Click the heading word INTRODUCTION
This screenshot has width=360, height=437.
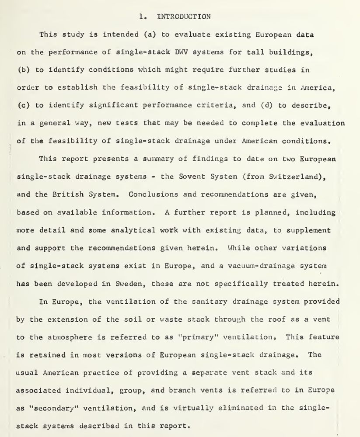click(x=183, y=17)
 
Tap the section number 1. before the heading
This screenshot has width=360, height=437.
click(x=142, y=17)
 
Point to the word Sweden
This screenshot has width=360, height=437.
click(x=127, y=284)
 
